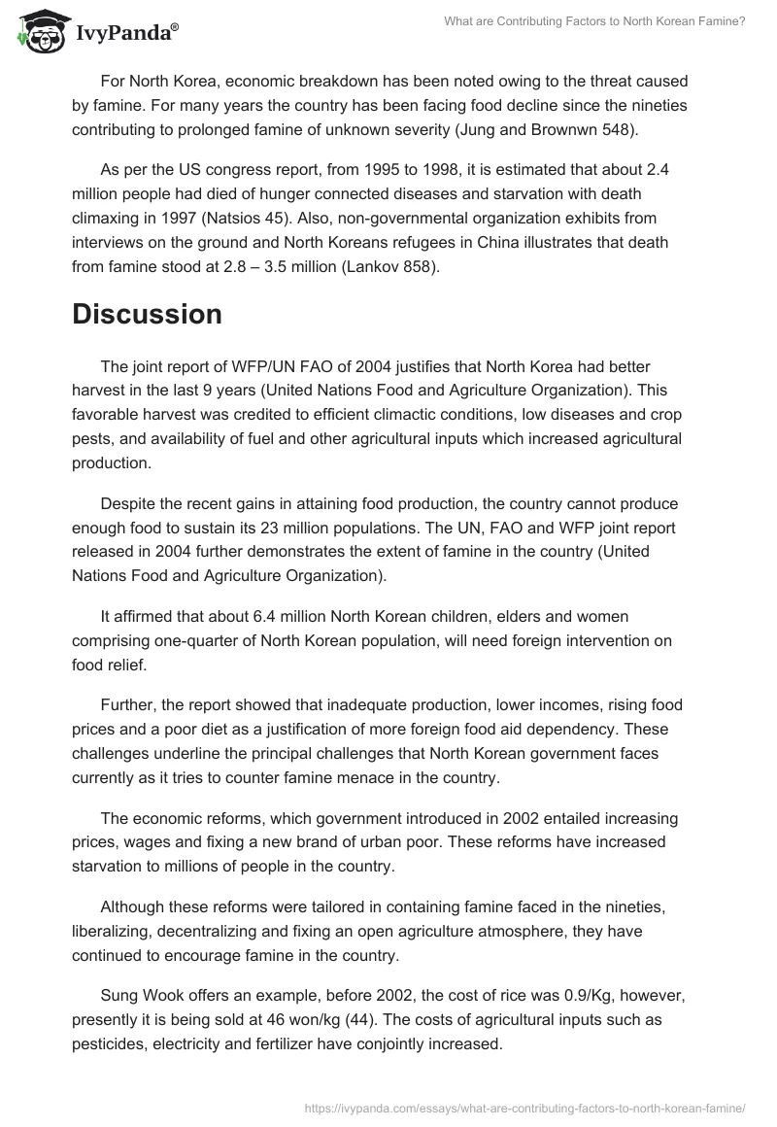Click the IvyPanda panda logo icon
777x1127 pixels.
click(x=39, y=33)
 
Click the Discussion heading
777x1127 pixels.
click(x=147, y=314)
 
